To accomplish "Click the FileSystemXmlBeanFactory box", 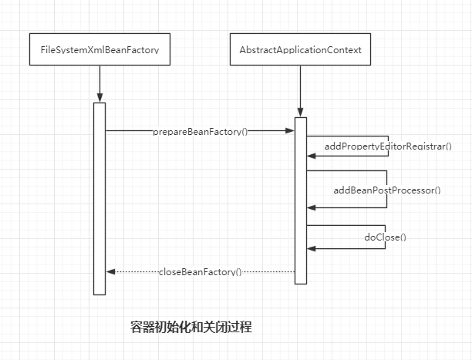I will (99, 50).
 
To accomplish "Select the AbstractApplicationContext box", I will (301, 50).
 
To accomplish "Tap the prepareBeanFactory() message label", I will (201, 131).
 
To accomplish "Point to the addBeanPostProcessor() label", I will (386, 190).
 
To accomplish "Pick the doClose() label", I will (385, 237).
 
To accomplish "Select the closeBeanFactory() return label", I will (201, 272).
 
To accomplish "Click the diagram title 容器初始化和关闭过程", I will (191, 327).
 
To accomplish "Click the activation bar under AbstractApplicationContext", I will (301, 200).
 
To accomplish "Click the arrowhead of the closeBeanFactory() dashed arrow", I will (110, 272).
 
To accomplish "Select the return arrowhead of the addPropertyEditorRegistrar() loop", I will (311, 156).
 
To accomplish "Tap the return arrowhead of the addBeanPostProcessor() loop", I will (311, 207).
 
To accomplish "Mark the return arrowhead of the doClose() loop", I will (311, 248).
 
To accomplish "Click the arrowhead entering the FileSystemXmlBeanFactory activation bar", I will (99, 98).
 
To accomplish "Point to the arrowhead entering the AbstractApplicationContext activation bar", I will (301, 113).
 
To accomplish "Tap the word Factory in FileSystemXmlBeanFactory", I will (143, 50).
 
